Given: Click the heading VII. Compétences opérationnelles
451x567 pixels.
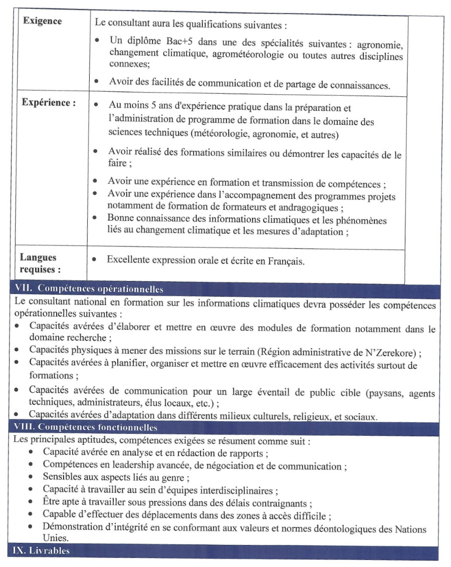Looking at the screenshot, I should [90, 289].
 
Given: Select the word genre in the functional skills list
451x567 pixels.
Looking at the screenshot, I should [173, 478].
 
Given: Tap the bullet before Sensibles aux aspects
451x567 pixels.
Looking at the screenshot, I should [31, 478].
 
